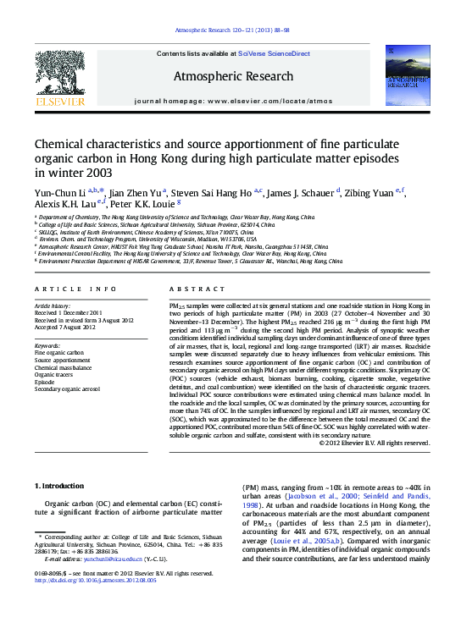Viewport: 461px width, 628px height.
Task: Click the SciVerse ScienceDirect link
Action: pyautogui.click(x=274, y=53)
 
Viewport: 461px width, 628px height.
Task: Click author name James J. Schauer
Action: pyautogui.click(x=303, y=192)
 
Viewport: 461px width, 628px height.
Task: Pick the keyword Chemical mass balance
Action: pyautogui.click(x=63, y=368)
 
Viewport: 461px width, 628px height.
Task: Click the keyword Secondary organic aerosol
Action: pyautogui.click(x=67, y=388)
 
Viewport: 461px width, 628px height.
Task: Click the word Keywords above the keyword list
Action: pyautogui.click(x=47, y=346)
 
